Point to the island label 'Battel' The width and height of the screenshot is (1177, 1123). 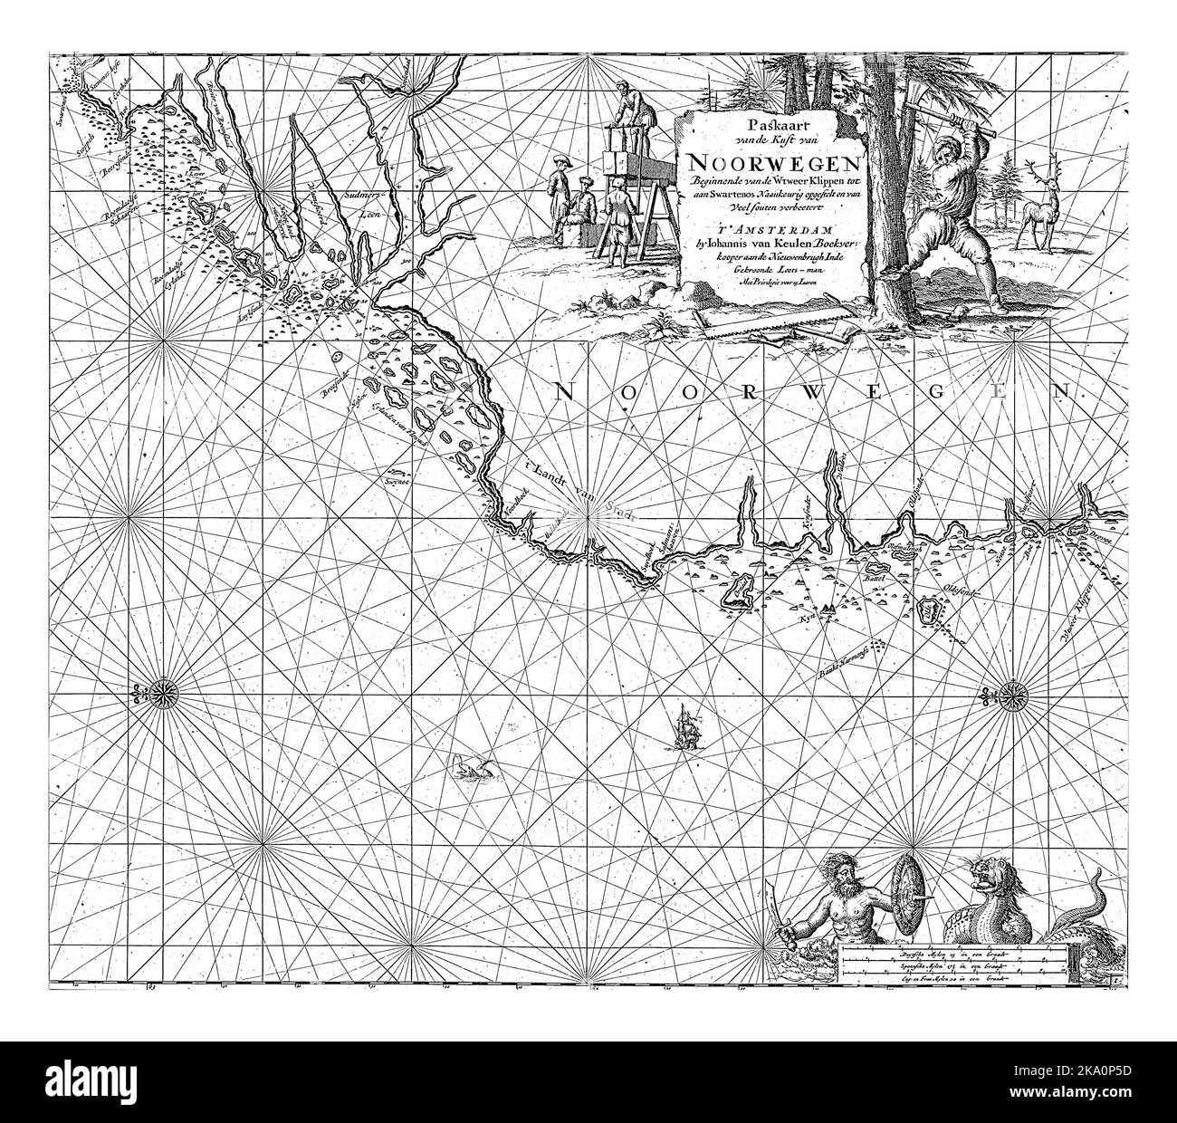[x=876, y=576]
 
